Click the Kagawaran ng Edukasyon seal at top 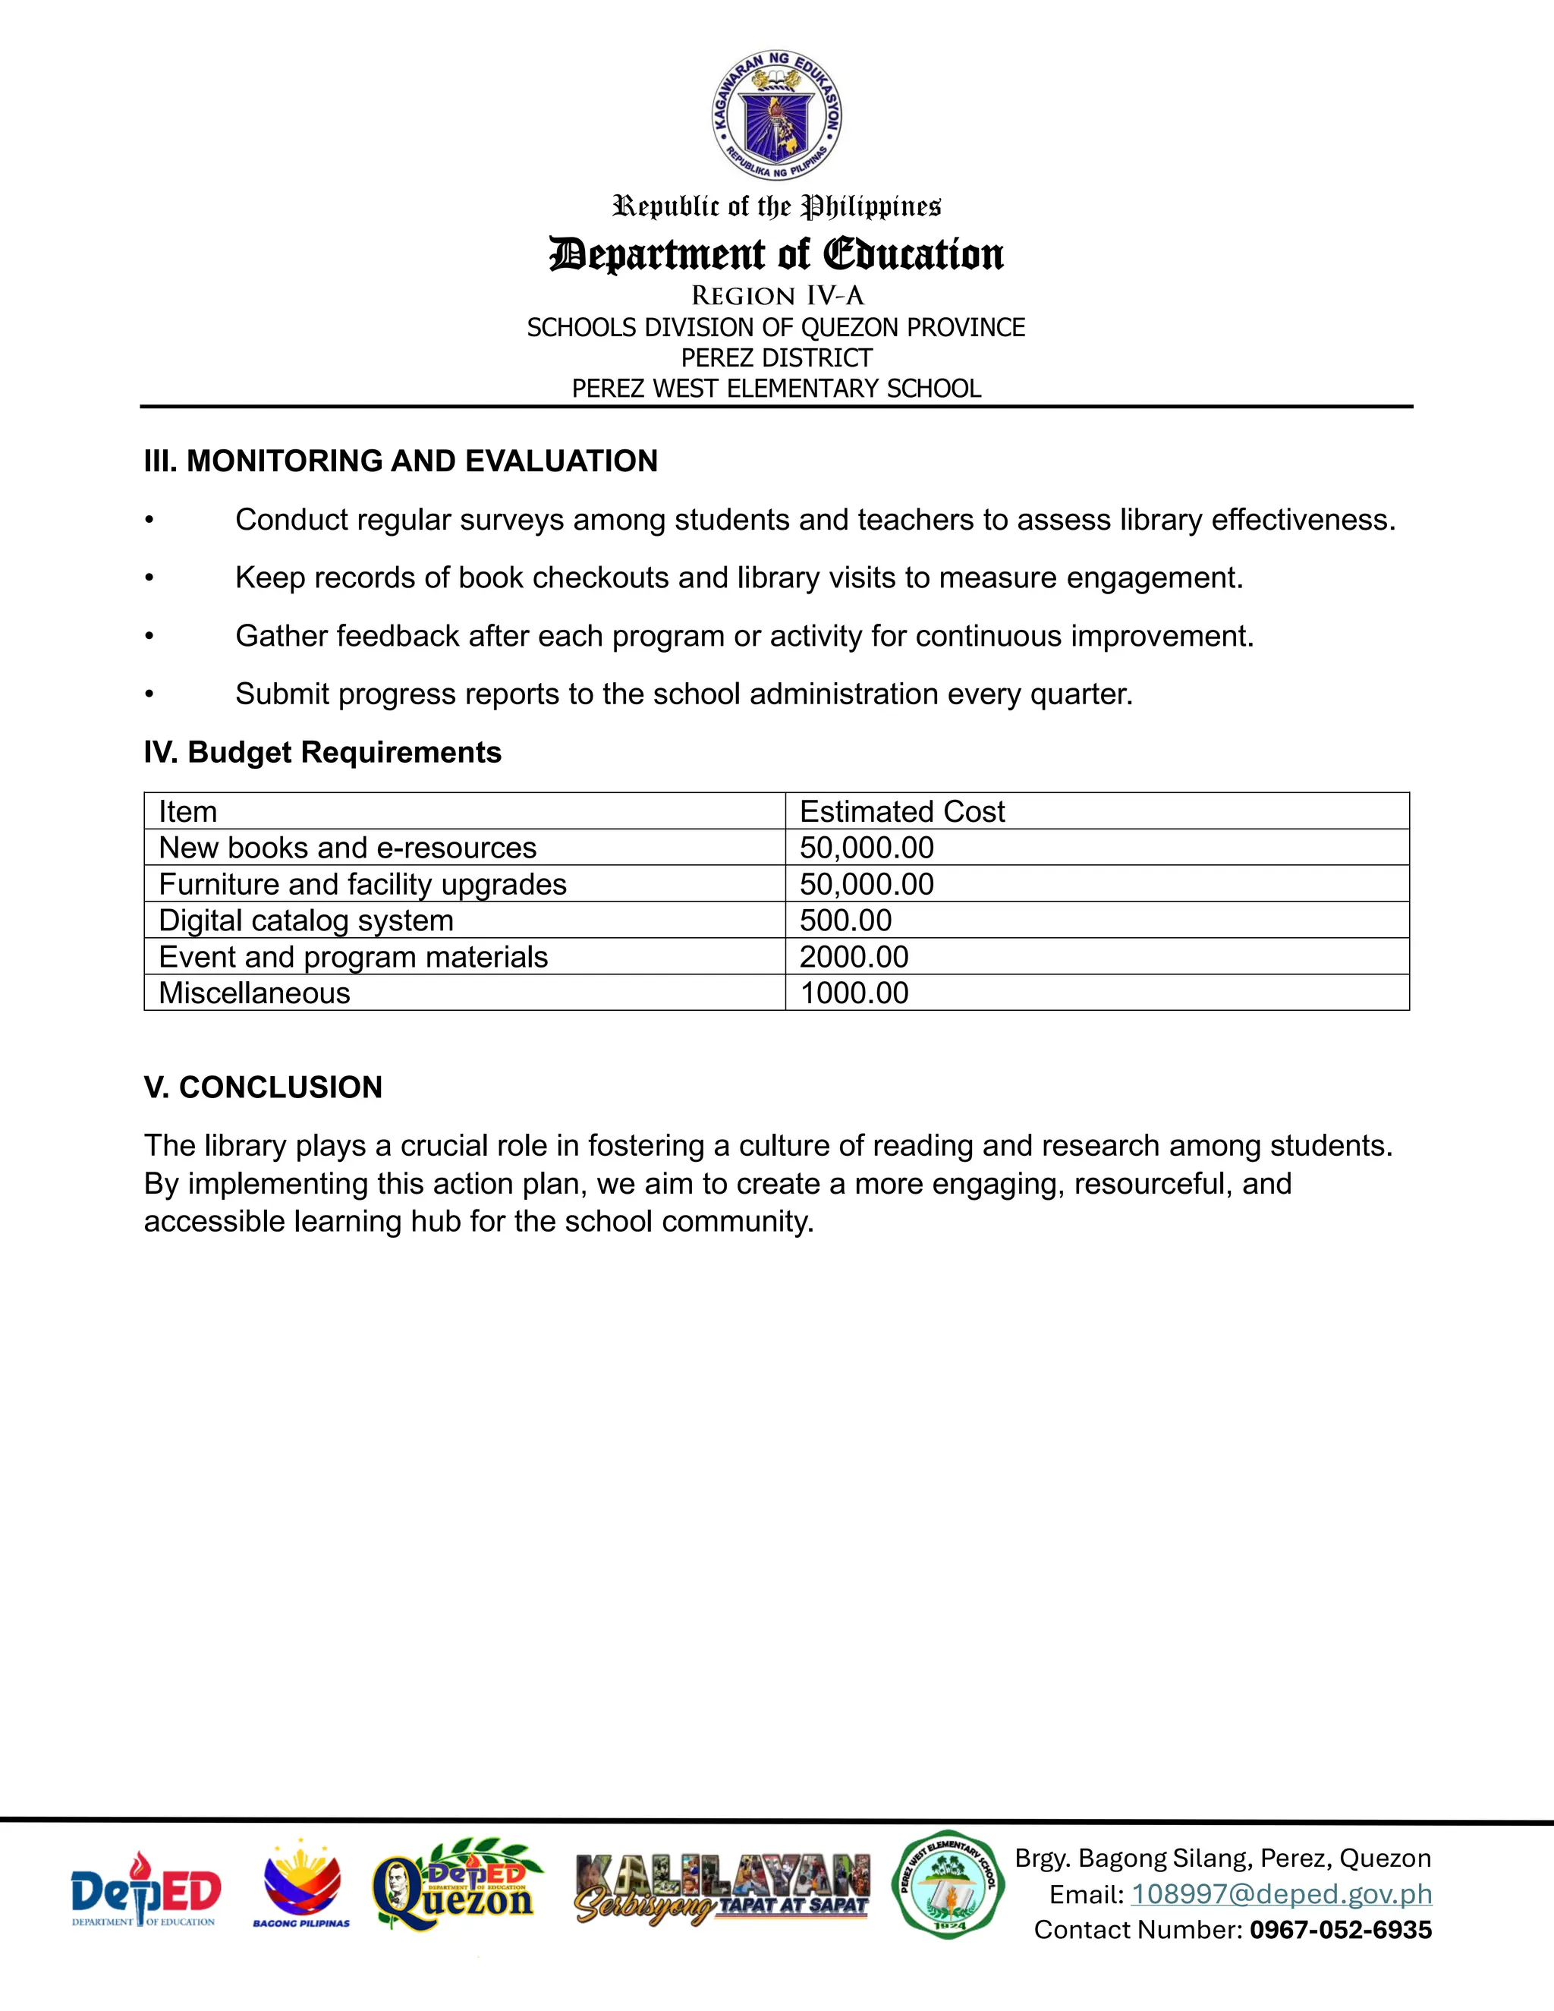pos(777,115)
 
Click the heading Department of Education pos(776,254)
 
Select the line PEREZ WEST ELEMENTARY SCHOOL pos(776,389)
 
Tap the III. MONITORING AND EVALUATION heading pos(401,461)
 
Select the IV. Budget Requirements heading pos(322,752)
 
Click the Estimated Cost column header pos(901,811)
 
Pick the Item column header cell pos(188,811)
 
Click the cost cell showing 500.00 pos(845,920)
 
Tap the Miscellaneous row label pos(254,993)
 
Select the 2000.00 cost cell pos(854,957)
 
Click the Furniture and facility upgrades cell pos(362,884)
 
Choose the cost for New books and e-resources pos(867,847)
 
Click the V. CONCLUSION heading pos(263,1087)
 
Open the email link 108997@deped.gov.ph pos(1281,1894)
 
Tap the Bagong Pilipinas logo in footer pos(301,1884)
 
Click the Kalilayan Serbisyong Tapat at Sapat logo pos(722,1890)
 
